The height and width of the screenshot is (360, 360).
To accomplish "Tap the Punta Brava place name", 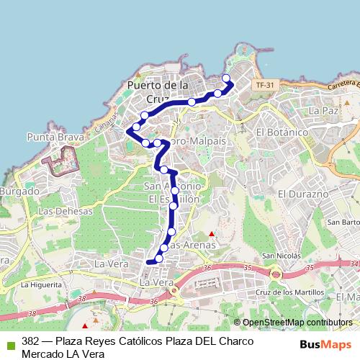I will tap(52, 136).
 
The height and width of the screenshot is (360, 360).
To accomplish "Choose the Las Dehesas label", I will tap(66, 212).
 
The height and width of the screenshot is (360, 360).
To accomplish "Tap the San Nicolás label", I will tap(280, 256).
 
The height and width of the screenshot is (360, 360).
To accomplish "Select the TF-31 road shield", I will tap(264, 85).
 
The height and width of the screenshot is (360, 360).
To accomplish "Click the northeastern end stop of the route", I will tap(226, 78).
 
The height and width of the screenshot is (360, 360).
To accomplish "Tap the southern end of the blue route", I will tap(149, 262).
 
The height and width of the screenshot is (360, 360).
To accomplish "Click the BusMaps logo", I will tap(330, 343).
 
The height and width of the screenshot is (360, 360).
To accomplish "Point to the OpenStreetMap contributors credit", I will tap(297, 323).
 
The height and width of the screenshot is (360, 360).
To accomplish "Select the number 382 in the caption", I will tap(30, 341).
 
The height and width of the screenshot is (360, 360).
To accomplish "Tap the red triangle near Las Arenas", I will tap(211, 234).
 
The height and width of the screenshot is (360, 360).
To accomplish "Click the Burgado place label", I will tap(19, 192).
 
